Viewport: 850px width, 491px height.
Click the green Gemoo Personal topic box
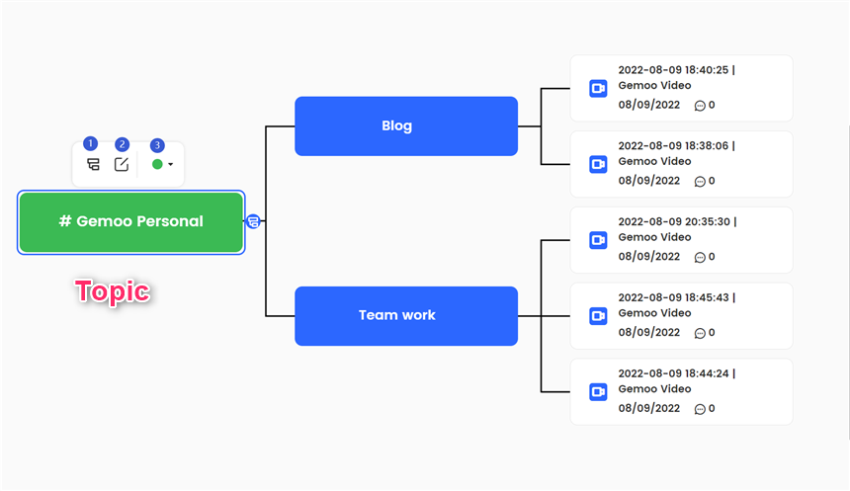coord(131,222)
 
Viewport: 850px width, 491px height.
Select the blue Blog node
coord(406,126)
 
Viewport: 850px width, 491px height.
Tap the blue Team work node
coord(406,316)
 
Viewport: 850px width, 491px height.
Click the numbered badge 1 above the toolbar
coord(91,143)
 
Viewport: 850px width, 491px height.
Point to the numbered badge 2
coord(122,144)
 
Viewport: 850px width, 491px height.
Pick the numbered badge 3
coord(157,145)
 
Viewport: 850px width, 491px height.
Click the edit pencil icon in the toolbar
coord(122,164)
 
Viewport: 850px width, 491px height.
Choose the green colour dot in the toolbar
coord(157,164)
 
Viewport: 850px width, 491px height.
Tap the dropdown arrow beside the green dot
coord(171,164)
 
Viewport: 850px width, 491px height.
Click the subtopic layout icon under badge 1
coord(93,164)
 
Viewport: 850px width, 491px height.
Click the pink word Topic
coord(113,291)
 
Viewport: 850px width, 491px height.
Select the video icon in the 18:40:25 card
coord(598,88)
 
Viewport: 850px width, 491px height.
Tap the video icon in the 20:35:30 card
coord(598,240)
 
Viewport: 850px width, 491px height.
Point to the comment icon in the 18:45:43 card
coord(700,333)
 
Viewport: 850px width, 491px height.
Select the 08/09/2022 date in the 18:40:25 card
coord(649,105)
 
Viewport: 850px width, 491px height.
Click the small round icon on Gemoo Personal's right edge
coord(253,221)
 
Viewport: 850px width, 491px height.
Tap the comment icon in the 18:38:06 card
coord(700,182)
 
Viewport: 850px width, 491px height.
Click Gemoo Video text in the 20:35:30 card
coord(654,237)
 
